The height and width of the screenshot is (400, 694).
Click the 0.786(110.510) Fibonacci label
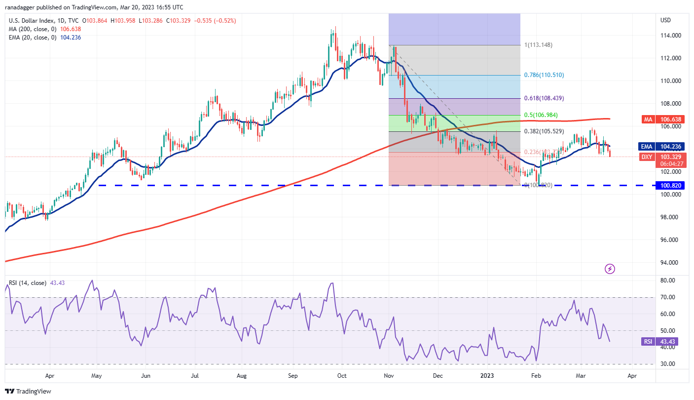pyautogui.click(x=544, y=75)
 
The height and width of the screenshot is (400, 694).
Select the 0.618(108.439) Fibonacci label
pyautogui.click(x=544, y=98)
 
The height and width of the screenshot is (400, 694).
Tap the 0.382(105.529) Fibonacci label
pyautogui.click(x=544, y=131)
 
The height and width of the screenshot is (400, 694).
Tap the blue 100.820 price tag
pyautogui.click(x=672, y=186)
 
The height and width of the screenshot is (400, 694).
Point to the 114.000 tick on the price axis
pyautogui.click(x=671, y=36)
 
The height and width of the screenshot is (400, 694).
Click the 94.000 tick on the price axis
pyautogui.click(x=671, y=263)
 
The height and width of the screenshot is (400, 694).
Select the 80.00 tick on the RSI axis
pyautogui.click(x=669, y=280)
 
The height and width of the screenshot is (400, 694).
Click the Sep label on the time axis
pyautogui.click(x=293, y=375)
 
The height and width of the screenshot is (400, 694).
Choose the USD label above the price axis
pyautogui.click(x=665, y=20)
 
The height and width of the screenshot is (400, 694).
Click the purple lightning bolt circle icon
pyautogui.click(x=610, y=269)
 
